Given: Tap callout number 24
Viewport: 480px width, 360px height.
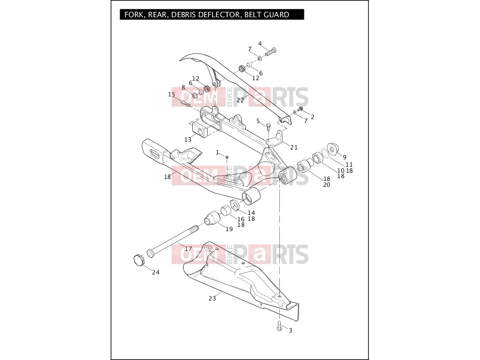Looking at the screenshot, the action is (x=156, y=272).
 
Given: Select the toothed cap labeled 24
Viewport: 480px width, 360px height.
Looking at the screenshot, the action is (x=139, y=260).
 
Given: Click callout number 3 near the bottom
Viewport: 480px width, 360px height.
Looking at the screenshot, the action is (x=290, y=330).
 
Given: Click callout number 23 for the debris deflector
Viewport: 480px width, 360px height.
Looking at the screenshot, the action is (x=212, y=298).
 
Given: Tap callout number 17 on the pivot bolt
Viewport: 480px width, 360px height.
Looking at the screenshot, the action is (x=188, y=248).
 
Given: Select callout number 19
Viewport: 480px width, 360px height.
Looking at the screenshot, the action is (x=229, y=229).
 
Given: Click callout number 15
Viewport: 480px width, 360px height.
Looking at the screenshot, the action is (x=172, y=94).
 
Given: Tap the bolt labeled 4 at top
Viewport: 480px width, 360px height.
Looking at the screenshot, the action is (x=270, y=52).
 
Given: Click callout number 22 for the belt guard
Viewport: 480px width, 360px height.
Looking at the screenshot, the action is (x=240, y=100).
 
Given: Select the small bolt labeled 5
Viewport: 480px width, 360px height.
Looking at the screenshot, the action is (x=269, y=126).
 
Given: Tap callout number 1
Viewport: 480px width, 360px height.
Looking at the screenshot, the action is (x=217, y=152).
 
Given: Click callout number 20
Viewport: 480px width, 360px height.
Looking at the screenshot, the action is (x=327, y=185).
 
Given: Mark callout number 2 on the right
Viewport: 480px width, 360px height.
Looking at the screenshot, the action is (x=312, y=117).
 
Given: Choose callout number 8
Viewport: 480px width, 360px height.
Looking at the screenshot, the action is (x=183, y=88).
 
